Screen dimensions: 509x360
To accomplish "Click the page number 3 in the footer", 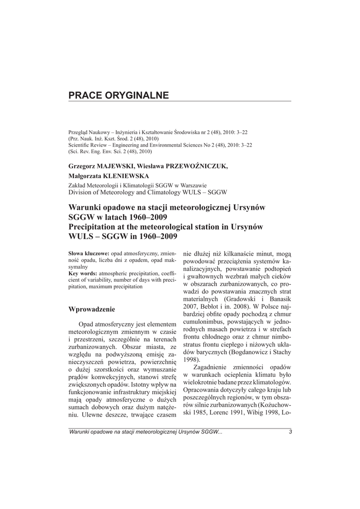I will pyautogui.click(x=289, y=432).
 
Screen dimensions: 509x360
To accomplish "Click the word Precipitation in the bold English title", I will pyautogui.click(x=91, y=227).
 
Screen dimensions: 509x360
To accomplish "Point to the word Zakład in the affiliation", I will pyautogui.click(x=77, y=184).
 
